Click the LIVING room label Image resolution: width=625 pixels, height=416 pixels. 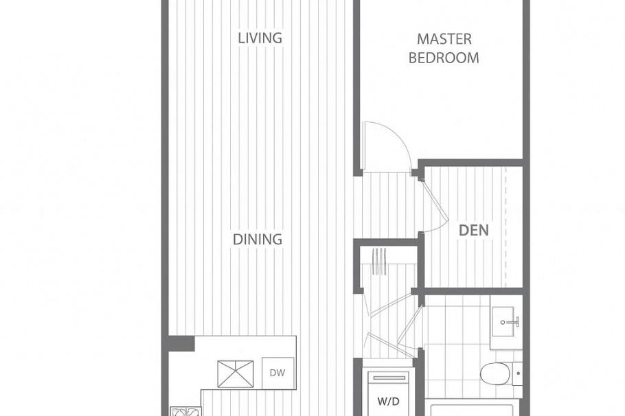(x=260, y=38)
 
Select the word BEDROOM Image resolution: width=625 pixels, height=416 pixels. (x=444, y=58)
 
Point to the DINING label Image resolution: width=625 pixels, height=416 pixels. (x=258, y=239)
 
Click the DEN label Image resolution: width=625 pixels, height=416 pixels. (x=474, y=230)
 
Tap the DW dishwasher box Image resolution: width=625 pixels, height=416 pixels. (x=277, y=373)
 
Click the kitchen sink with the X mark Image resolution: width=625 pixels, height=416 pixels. (x=236, y=373)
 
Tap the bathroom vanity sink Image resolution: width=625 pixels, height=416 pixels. (x=507, y=321)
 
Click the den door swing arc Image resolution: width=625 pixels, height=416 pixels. (x=434, y=206)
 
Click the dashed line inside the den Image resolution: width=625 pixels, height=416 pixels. (x=505, y=227)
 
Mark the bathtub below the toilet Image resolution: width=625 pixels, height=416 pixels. (x=474, y=410)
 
